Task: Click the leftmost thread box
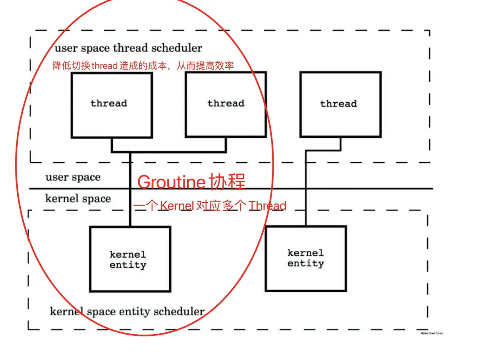[x=112, y=105]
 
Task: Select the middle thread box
[x=225, y=104]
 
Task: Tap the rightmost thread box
[x=340, y=104]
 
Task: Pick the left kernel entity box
[x=130, y=259]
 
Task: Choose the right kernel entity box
[x=306, y=258]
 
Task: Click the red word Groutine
[x=172, y=182]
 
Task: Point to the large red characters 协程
[x=228, y=182]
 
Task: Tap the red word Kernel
[x=177, y=206]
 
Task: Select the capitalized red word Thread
[x=267, y=206]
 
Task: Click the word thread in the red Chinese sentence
[x=104, y=66]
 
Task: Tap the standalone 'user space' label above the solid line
[x=73, y=177]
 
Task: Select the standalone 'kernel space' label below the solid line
[x=78, y=198]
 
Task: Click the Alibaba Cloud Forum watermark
[x=432, y=333]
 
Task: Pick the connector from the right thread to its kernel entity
[x=306, y=185]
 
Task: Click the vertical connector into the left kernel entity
[x=130, y=192]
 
